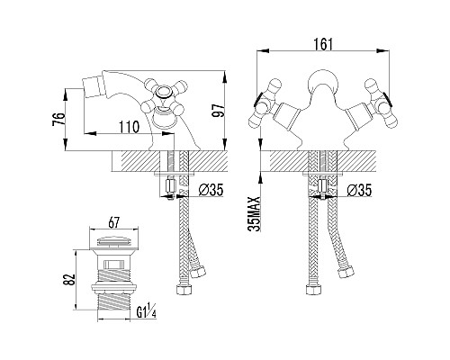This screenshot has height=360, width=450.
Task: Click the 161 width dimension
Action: click(323, 45)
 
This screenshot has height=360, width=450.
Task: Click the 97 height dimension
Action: click(218, 111)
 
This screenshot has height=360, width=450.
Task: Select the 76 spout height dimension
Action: click(58, 119)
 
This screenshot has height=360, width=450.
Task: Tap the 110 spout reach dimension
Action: click(130, 127)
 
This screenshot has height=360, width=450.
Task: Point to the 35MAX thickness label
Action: click(255, 214)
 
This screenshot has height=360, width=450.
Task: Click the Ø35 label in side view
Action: click(211, 190)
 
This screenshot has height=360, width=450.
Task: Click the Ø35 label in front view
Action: click(359, 190)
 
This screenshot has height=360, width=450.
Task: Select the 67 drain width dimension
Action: click(114, 222)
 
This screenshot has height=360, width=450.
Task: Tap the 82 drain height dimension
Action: click(69, 280)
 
